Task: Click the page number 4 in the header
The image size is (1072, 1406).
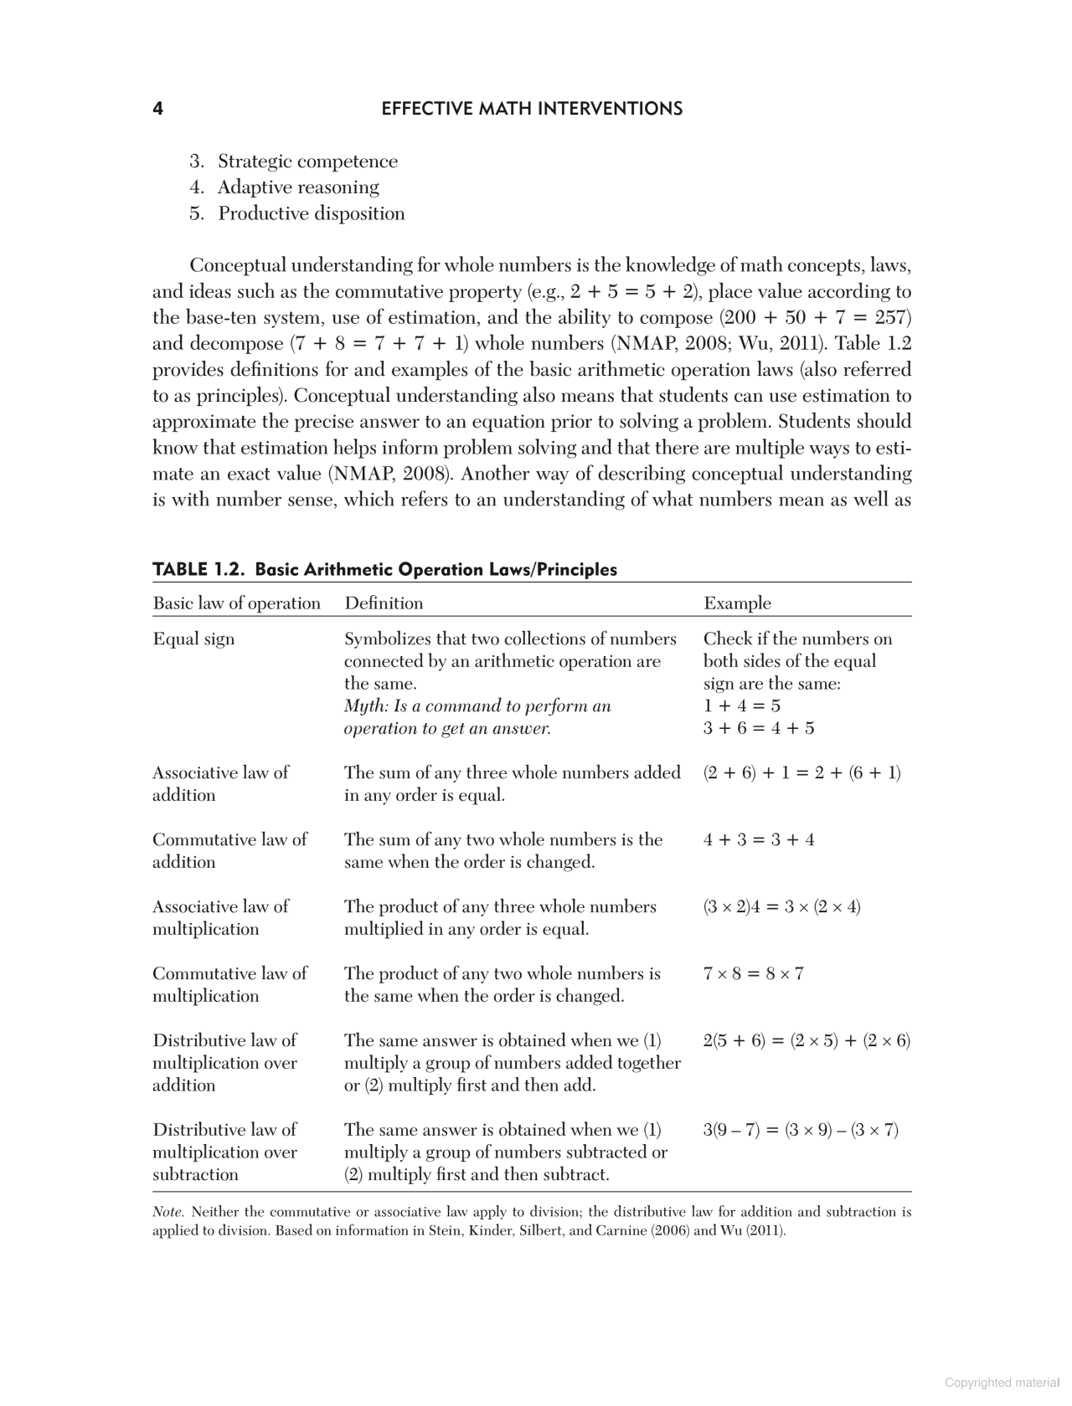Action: [157, 109]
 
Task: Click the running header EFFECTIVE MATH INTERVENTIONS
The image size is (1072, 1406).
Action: [532, 109]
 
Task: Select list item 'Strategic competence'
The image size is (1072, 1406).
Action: [307, 162]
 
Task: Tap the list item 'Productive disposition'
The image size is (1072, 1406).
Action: [311, 213]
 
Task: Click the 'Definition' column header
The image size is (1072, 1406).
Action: [384, 603]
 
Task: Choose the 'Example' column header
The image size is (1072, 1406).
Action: [737, 603]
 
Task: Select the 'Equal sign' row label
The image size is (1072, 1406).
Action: [193, 639]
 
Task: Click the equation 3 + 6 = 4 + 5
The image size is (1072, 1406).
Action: [759, 728]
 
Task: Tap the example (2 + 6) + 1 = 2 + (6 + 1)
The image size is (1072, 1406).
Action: [801, 772]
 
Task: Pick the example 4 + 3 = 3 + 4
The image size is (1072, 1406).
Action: [759, 839]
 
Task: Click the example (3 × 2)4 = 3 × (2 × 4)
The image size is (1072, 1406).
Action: [781, 906]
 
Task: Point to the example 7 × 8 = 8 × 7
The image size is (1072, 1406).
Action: [753, 973]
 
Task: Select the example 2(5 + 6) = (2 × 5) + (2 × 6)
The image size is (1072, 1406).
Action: [807, 1040]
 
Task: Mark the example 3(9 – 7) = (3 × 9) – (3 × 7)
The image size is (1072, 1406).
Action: [801, 1130]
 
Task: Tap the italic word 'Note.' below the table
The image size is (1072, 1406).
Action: [168, 1212]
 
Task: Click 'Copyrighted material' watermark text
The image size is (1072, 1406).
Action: [1001, 1383]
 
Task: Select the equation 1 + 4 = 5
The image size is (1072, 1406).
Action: [742, 706]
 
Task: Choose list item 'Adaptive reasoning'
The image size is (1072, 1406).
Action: [298, 187]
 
